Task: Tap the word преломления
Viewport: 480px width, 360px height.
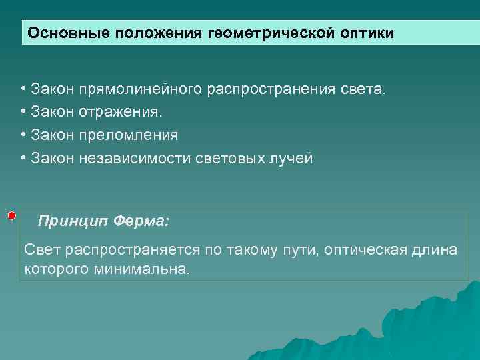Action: click(x=129, y=135)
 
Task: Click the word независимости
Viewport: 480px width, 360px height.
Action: click(x=137, y=158)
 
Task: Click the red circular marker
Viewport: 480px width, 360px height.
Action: click(x=12, y=216)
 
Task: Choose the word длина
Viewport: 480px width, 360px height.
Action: click(x=439, y=250)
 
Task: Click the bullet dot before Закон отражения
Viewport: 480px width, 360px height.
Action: click(x=23, y=112)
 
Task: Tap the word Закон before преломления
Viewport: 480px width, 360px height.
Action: click(x=53, y=135)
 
